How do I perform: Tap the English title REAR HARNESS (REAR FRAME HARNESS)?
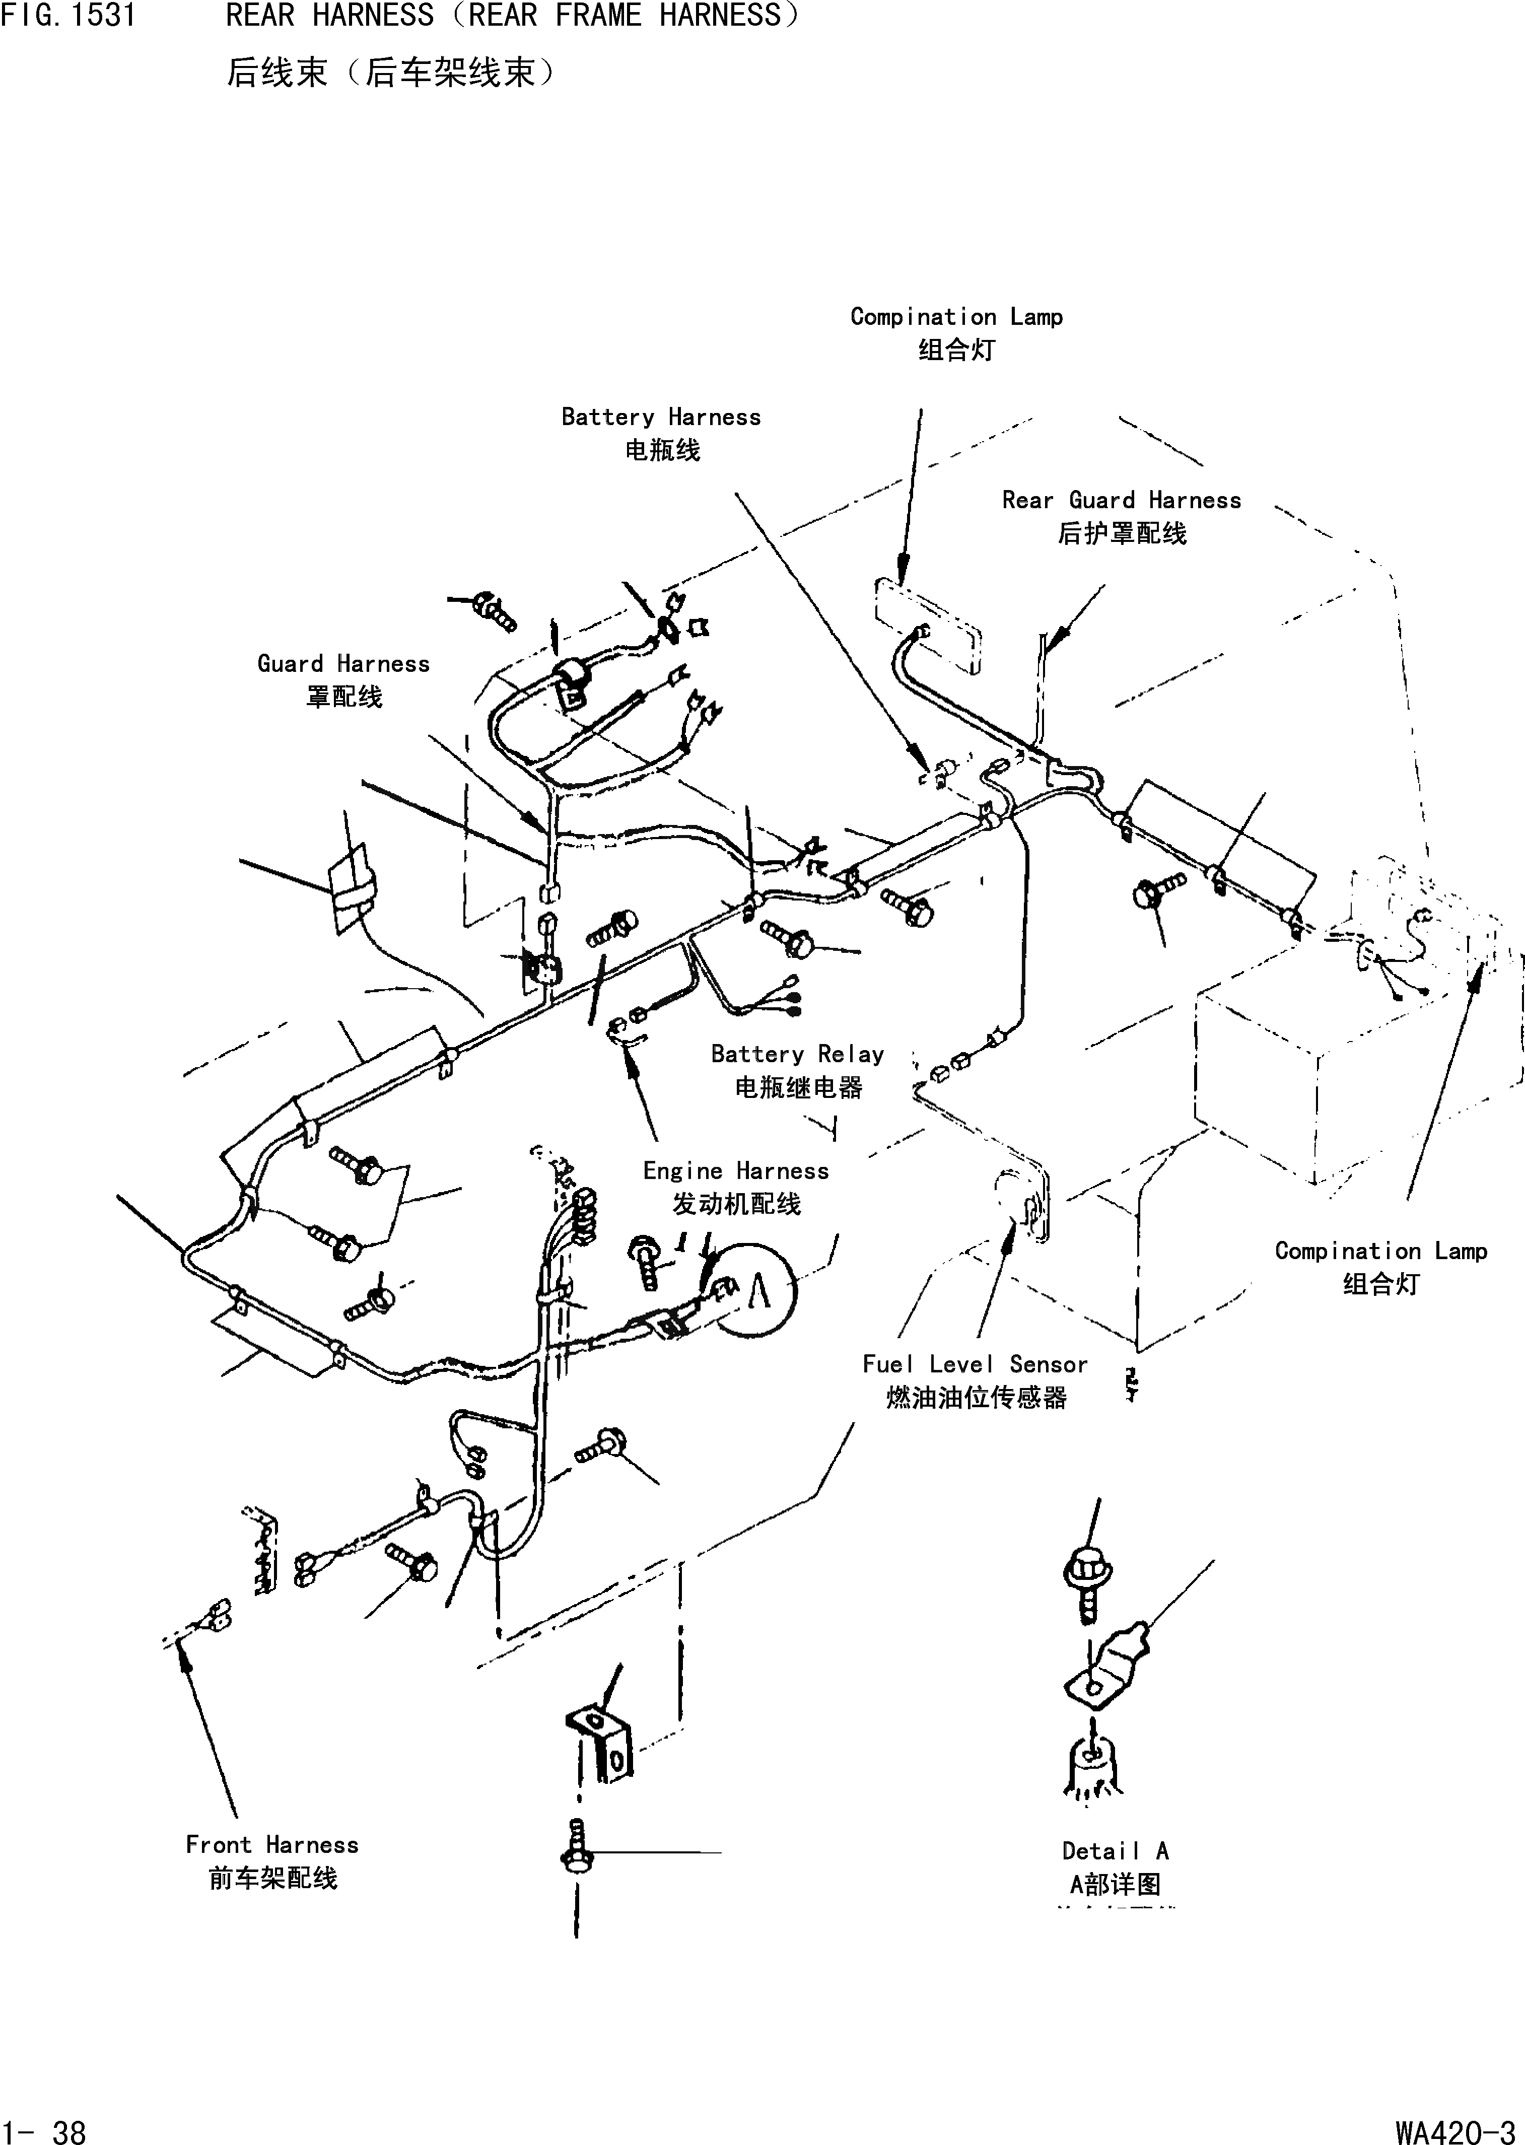pyautogui.click(x=512, y=16)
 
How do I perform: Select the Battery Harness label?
pyautogui.click(x=661, y=417)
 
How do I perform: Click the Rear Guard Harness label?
pyautogui.click(x=1121, y=501)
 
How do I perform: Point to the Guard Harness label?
pyautogui.click(x=343, y=664)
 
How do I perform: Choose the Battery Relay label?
pyautogui.click(x=797, y=1055)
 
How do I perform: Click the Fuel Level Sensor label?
pyautogui.click(x=975, y=1364)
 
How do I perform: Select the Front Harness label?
pyautogui.click(x=272, y=1844)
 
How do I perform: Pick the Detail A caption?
pyautogui.click(x=1115, y=1851)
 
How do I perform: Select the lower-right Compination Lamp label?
pyautogui.click(x=1380, y=1251)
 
